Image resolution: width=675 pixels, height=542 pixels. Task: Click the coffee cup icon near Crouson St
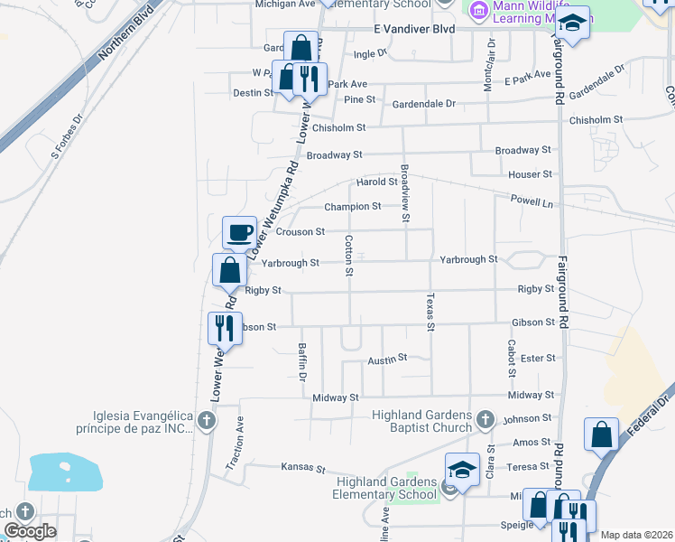tap(240, 233)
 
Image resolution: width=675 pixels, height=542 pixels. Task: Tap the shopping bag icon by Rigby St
tap(230, 270)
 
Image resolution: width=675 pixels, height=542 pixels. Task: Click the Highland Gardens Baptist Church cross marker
tap(485, 419)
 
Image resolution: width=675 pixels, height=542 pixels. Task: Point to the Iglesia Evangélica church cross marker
tap(207, 420)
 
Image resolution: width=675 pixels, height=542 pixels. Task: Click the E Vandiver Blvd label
tap(415, 29)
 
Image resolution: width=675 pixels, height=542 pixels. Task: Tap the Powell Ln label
tap(531, 201)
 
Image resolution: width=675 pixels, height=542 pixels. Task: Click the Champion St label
tap(353, 207)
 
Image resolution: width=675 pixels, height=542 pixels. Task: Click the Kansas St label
tap(301, 468)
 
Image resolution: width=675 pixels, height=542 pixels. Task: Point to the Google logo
tap(29, 531)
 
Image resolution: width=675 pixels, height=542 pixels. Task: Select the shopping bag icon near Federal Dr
tap(601, 435)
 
